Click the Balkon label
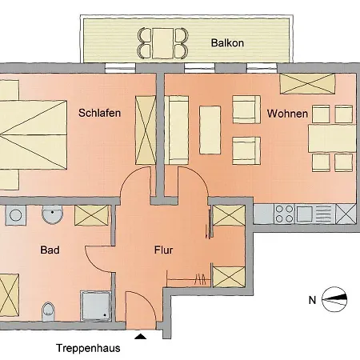pos(227,43)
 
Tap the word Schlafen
pos(99,113)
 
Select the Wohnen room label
pos(287,114)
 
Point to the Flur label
pos(163,250)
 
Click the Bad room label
pos(50,250)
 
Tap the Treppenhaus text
pos(88,348)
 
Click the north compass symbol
pos(334,299)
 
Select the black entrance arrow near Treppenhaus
pos(140,336)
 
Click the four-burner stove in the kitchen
pos(284,214)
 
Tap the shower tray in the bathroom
pos(95,306)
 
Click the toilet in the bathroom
pos(48,311)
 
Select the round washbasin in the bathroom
pos(52,214)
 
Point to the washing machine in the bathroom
pos(15,215)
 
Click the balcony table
pos(162,43)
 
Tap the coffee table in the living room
pos(210,130)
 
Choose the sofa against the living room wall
pos(177,130)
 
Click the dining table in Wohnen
pos(332,138)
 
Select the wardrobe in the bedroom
pos(146,130)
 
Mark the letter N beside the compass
pos(312,300)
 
